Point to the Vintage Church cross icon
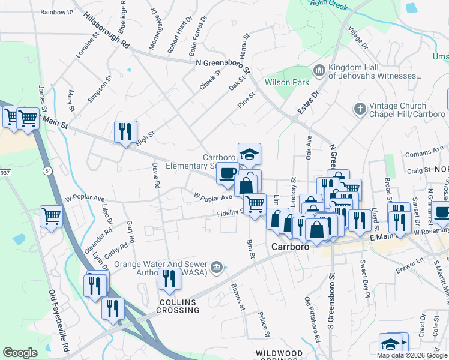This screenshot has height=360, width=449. tap(360, 109)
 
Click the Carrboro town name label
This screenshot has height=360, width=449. tap(291, 247)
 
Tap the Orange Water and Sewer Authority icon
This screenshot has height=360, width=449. tap(216, 266)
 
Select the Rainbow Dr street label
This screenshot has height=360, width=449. tap(56, 12)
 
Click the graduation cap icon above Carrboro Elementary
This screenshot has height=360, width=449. tap(249, 153)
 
